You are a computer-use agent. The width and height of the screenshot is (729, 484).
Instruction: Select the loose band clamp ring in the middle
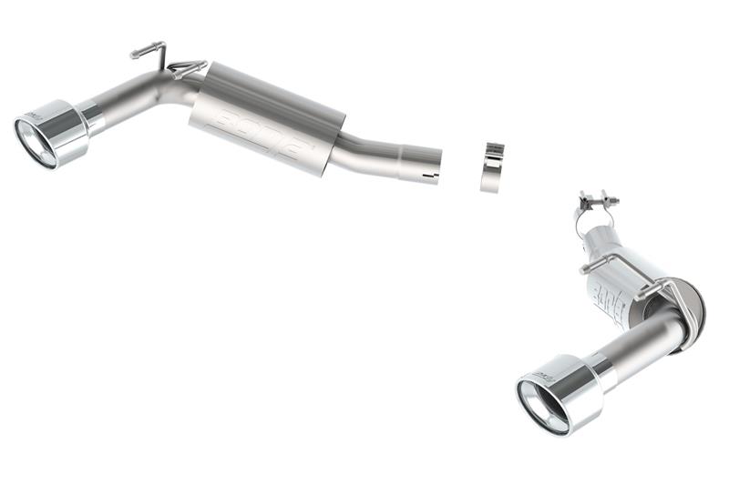[x=493, y=166]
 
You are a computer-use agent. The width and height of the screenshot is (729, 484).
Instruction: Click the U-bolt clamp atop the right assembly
[x=596, y=198]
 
